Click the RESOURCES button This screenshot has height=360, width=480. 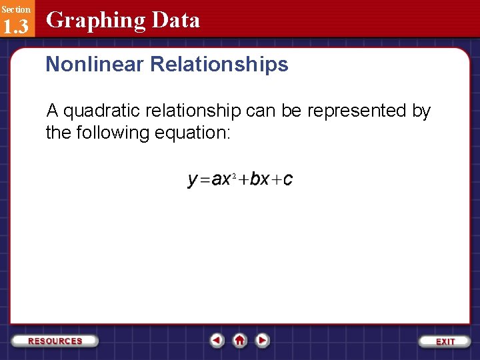coord(55,341)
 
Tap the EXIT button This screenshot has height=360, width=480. coord(445,341)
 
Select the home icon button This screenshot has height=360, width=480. coord(239,340)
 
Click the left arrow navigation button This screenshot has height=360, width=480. coord(217,340)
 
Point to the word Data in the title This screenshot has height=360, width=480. coord(175,20)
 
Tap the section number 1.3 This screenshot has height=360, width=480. coord(16,26)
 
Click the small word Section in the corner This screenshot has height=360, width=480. coord(15,9)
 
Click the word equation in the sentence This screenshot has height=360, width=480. coord(192,133)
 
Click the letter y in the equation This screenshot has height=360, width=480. coord(193,180)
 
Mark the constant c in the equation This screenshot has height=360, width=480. coord(287,180)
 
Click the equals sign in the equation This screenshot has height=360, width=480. coord(205,180)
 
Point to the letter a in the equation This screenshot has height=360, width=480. coord(216,180)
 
